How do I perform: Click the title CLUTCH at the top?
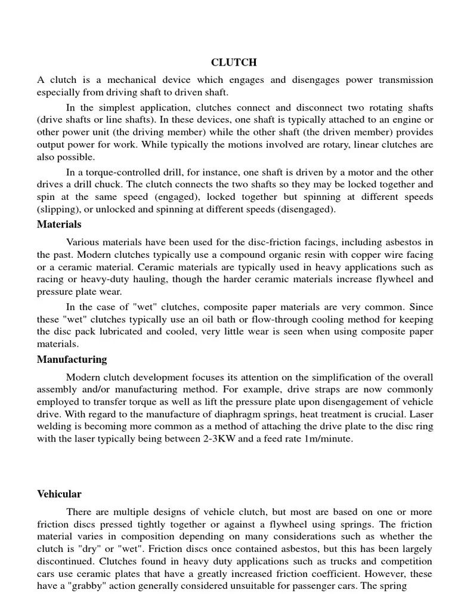pos(234,62)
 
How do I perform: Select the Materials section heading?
pos(59,224)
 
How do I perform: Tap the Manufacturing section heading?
pos(72,359)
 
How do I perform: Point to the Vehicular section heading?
pos(59,494)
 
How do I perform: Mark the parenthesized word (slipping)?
pos(58,210)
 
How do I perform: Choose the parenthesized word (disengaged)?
pos(306,210)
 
